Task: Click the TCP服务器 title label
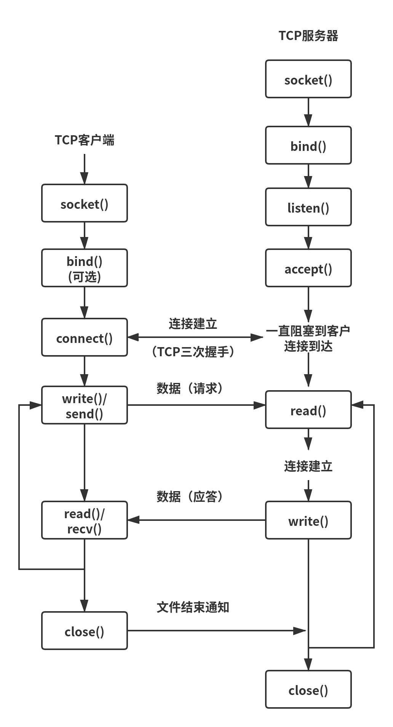tap(308, 36)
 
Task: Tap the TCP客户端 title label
tap(85, 140)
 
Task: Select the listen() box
tap(308, 207)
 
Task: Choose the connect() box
tap(85, 338)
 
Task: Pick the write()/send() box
tap(85, 405)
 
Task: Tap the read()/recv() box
tap(85, 520)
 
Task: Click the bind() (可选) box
tap(85, 268)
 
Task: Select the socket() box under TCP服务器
tap(308, 79)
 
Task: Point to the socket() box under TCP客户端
tap(85, 203)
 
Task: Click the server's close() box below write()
tap(308, 690)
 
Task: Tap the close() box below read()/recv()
tap(85, 631)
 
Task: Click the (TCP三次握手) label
tap(193, 351)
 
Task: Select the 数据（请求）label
tap(190, 388)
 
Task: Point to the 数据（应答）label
tap(190, 496)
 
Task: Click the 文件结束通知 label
tap(193, 607)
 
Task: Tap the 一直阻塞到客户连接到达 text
tap(308, 338)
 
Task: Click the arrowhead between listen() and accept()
tap(308, 243)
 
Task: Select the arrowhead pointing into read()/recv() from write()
tap(134, 520)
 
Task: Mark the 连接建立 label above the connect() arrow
tap(193, 324)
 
